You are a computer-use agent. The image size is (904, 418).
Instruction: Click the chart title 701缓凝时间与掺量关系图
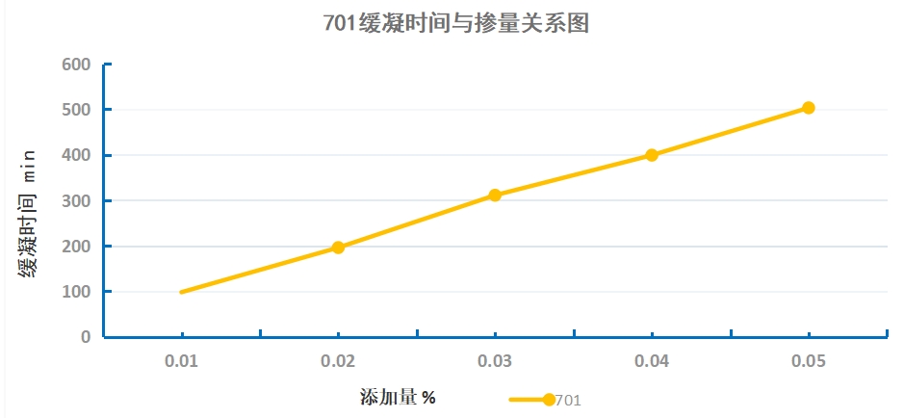tap(456, 23)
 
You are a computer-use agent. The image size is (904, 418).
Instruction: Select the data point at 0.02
tap(338, 248)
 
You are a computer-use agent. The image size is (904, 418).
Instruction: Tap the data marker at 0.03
tap(495, 196)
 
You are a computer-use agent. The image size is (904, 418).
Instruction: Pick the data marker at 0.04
tap(652, 155)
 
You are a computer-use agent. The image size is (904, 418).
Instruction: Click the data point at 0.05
tap(809, 108)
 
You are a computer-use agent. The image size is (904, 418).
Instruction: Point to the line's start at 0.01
tap(182, 292)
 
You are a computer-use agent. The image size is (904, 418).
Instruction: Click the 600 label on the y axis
tap(76, 65)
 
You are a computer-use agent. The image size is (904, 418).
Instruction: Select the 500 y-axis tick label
tap(76, 110)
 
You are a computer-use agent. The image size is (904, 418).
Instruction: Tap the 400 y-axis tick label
tap(76, 155)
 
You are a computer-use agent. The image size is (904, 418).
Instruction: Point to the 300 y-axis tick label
tap(76, 200)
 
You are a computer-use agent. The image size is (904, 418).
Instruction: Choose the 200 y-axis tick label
tap(76, 247)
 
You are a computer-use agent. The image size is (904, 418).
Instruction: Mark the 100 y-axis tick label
tap(76, 292)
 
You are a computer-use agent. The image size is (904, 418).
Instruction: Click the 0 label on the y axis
tap(86, 337)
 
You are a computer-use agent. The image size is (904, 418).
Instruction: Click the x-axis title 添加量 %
tap(399, 396)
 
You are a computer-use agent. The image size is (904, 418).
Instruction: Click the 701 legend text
tap(568, 401)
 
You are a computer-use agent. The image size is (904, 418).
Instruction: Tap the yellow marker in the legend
tap(548, 400)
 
